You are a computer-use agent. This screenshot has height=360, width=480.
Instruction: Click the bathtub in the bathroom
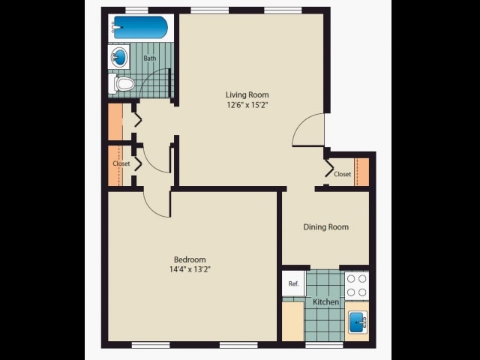[140, 28]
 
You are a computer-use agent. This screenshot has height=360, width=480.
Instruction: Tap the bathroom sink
[119, 57]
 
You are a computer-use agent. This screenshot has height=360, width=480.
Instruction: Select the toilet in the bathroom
[124, 84]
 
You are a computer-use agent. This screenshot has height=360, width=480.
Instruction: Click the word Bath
[150, 58]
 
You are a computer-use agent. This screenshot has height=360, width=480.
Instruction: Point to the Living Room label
[247, 94]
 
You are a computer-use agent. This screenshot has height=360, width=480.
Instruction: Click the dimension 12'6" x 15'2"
[247, 105]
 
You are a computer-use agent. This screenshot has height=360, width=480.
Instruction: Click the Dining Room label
[325, 226]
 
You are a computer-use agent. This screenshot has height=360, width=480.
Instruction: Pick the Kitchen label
[325, 301]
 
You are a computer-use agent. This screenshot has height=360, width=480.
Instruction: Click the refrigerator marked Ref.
[293, 284]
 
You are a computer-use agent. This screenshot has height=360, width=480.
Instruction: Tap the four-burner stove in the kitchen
[356, 285]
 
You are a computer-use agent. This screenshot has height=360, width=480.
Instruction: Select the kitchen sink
[356, 322]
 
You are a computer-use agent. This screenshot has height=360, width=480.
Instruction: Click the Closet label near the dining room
[342, 174]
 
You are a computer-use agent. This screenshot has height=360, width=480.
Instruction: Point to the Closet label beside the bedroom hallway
[121, 163]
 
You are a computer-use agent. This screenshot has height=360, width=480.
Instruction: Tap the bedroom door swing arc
[157, 203]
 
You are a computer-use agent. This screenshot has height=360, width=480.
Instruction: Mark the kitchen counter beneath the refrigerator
[292, 320]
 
